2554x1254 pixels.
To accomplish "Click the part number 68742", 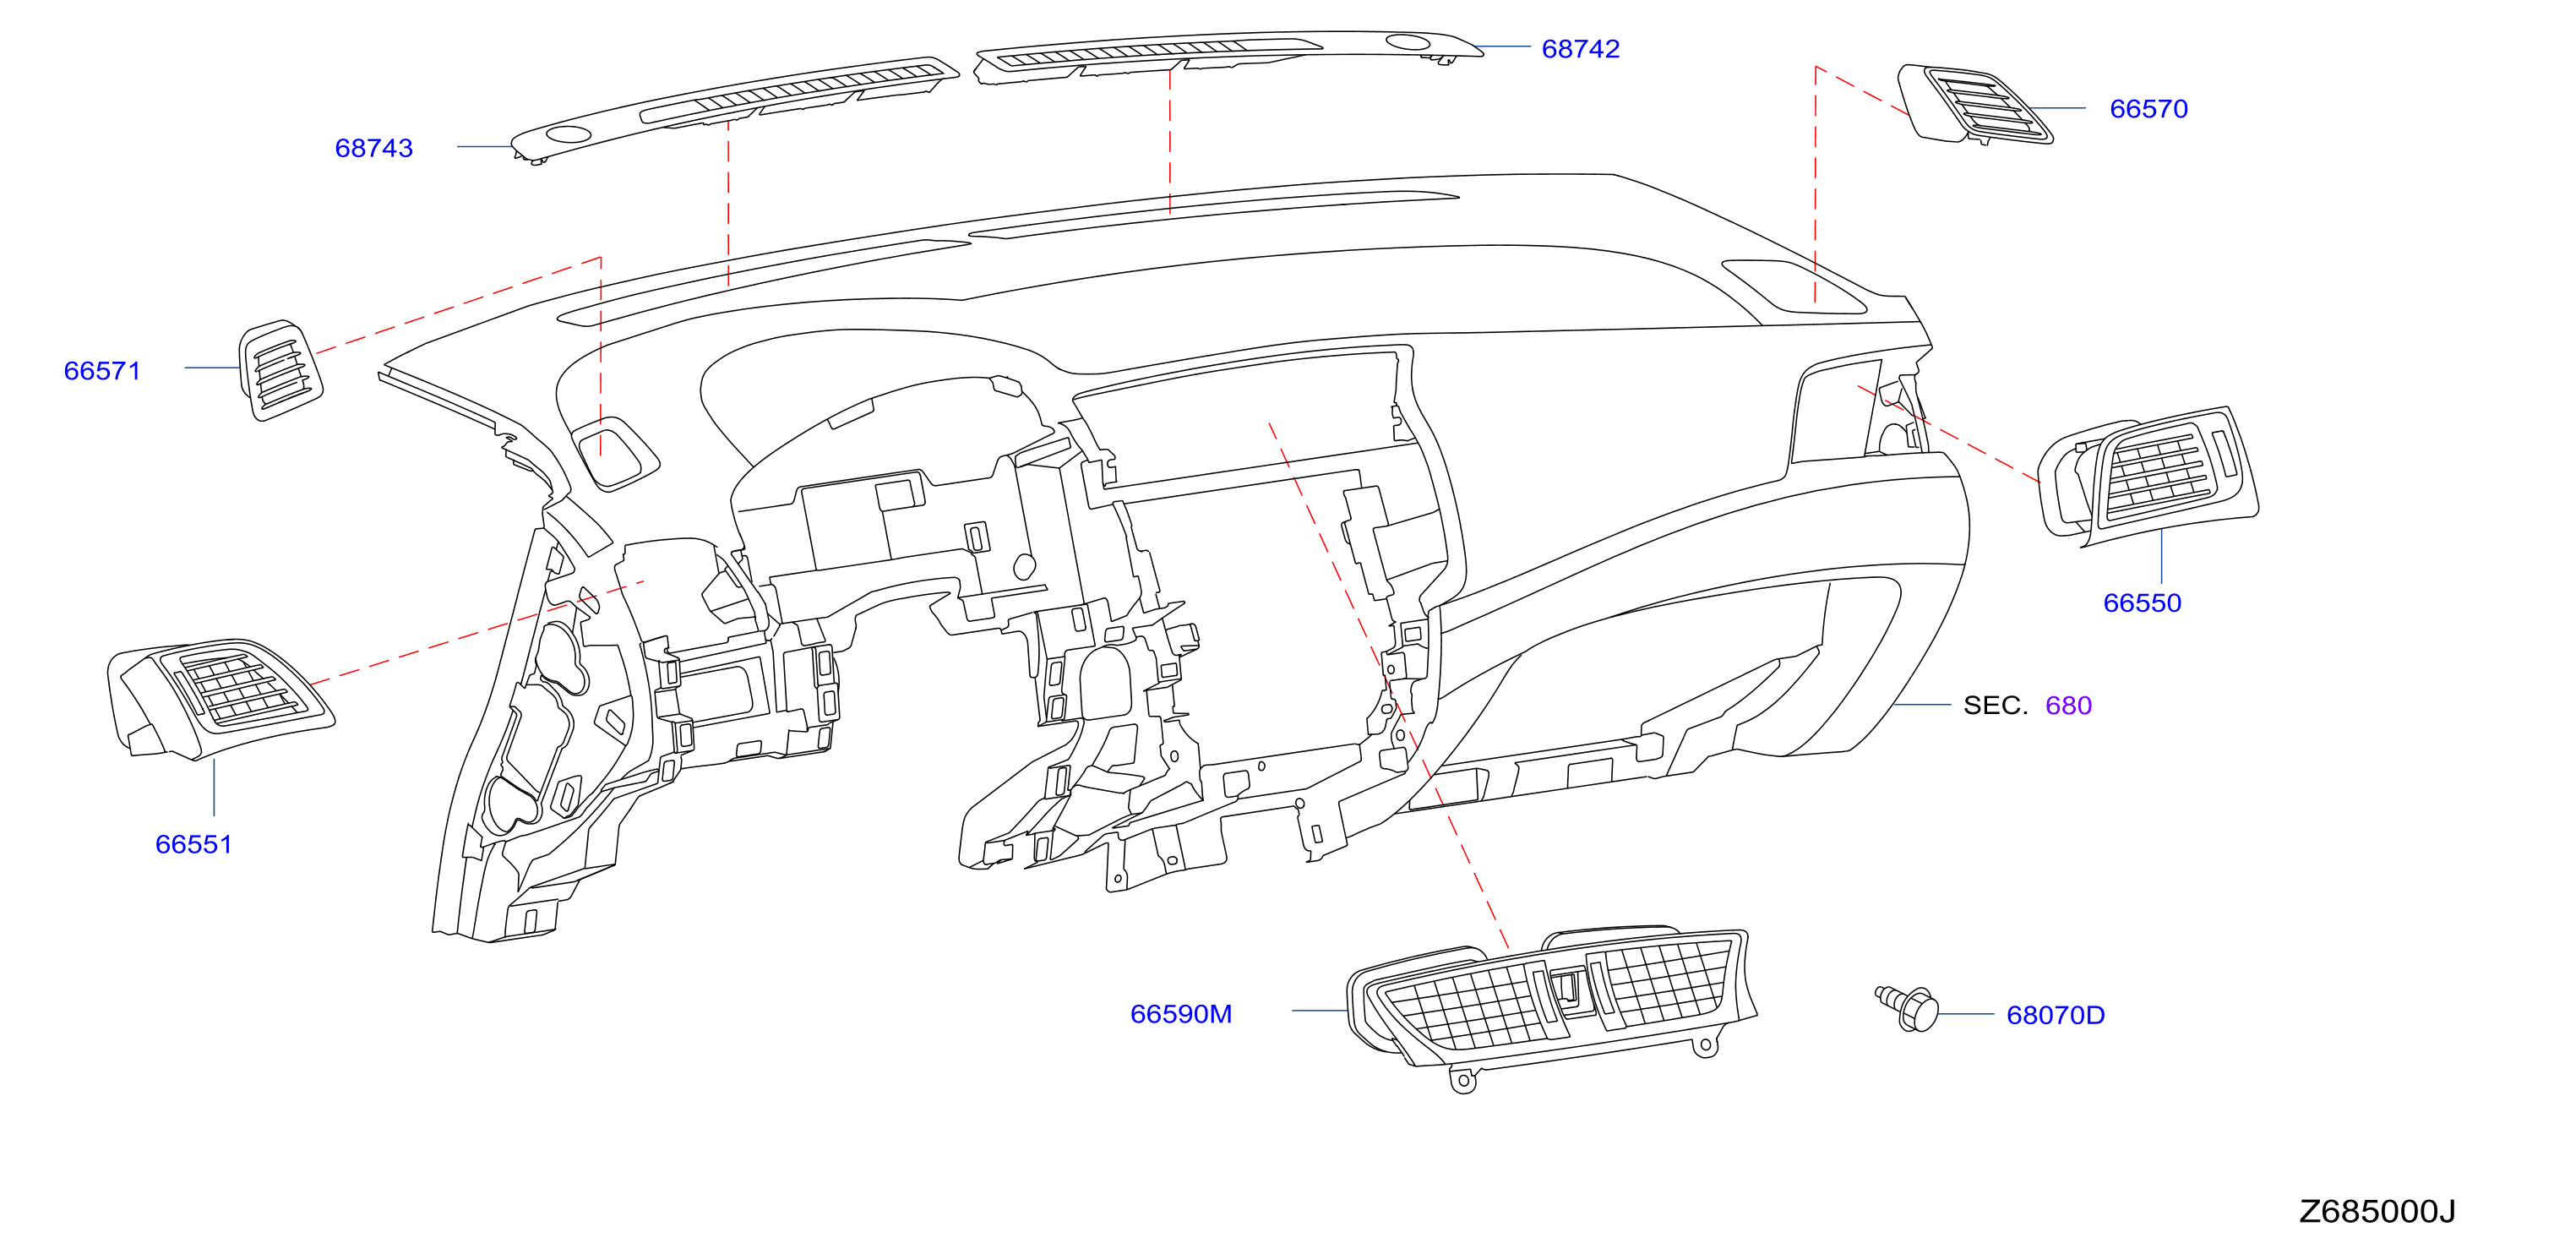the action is (x=1581, y=48).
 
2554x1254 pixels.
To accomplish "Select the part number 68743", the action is (x=373, y=148).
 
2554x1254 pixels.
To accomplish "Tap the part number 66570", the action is (x=2148, y=109).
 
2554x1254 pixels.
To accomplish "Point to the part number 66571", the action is (x=102, y=371).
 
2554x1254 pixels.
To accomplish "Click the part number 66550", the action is (x=2143, y=602).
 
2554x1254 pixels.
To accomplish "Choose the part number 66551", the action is (x=193, y=845).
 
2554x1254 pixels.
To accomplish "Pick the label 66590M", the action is (x=1181, y=1014).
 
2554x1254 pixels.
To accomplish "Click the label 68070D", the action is (x=2056, y=1015).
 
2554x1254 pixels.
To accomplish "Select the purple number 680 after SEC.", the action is (x=2068, y=705).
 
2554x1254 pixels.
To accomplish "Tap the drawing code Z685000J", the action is (x=2377, y=1212).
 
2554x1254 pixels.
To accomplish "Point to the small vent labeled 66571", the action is (x=280, y=370).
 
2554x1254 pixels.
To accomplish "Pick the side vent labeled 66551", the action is (x=221, y=698).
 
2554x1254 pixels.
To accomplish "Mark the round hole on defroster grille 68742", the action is (x=1407, y=41).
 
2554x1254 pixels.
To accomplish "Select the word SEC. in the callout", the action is (x=1995, y=705).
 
